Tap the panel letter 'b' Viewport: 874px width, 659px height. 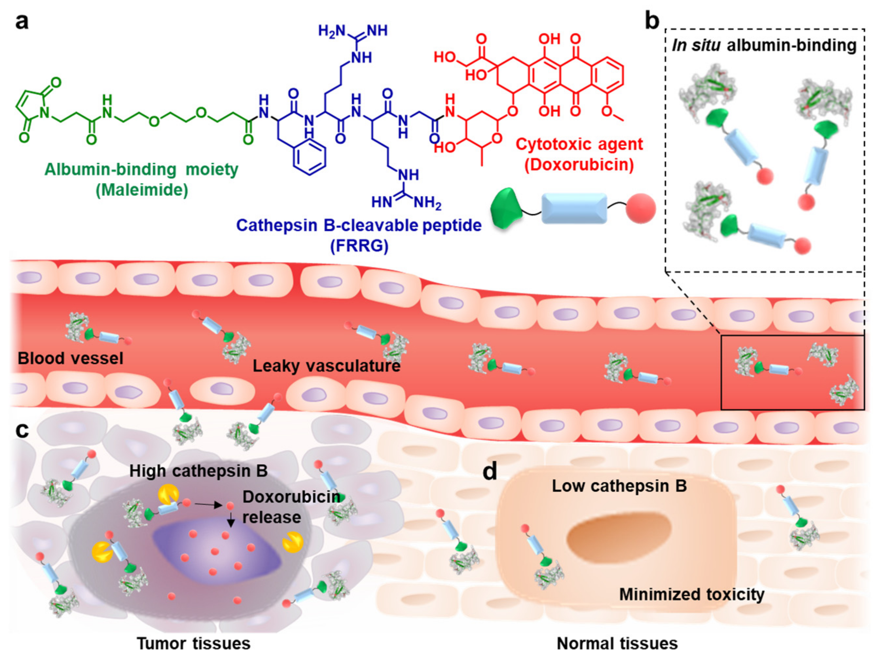click(652, 21)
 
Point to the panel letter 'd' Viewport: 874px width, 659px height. click(490, 471)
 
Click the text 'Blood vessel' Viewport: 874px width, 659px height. click(70, 359)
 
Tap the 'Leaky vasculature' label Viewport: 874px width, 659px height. click(326, 366)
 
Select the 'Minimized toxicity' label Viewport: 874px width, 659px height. click(691, 594)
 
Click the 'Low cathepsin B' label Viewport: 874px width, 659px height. click(619, 486)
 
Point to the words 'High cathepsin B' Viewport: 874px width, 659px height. click(199, 471)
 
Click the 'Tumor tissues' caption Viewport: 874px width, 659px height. click(193, 643)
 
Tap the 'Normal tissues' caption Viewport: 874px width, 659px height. click(617, 643)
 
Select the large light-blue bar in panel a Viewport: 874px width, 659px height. click(574, 208)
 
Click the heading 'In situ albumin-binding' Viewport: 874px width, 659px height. click(764, 46)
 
